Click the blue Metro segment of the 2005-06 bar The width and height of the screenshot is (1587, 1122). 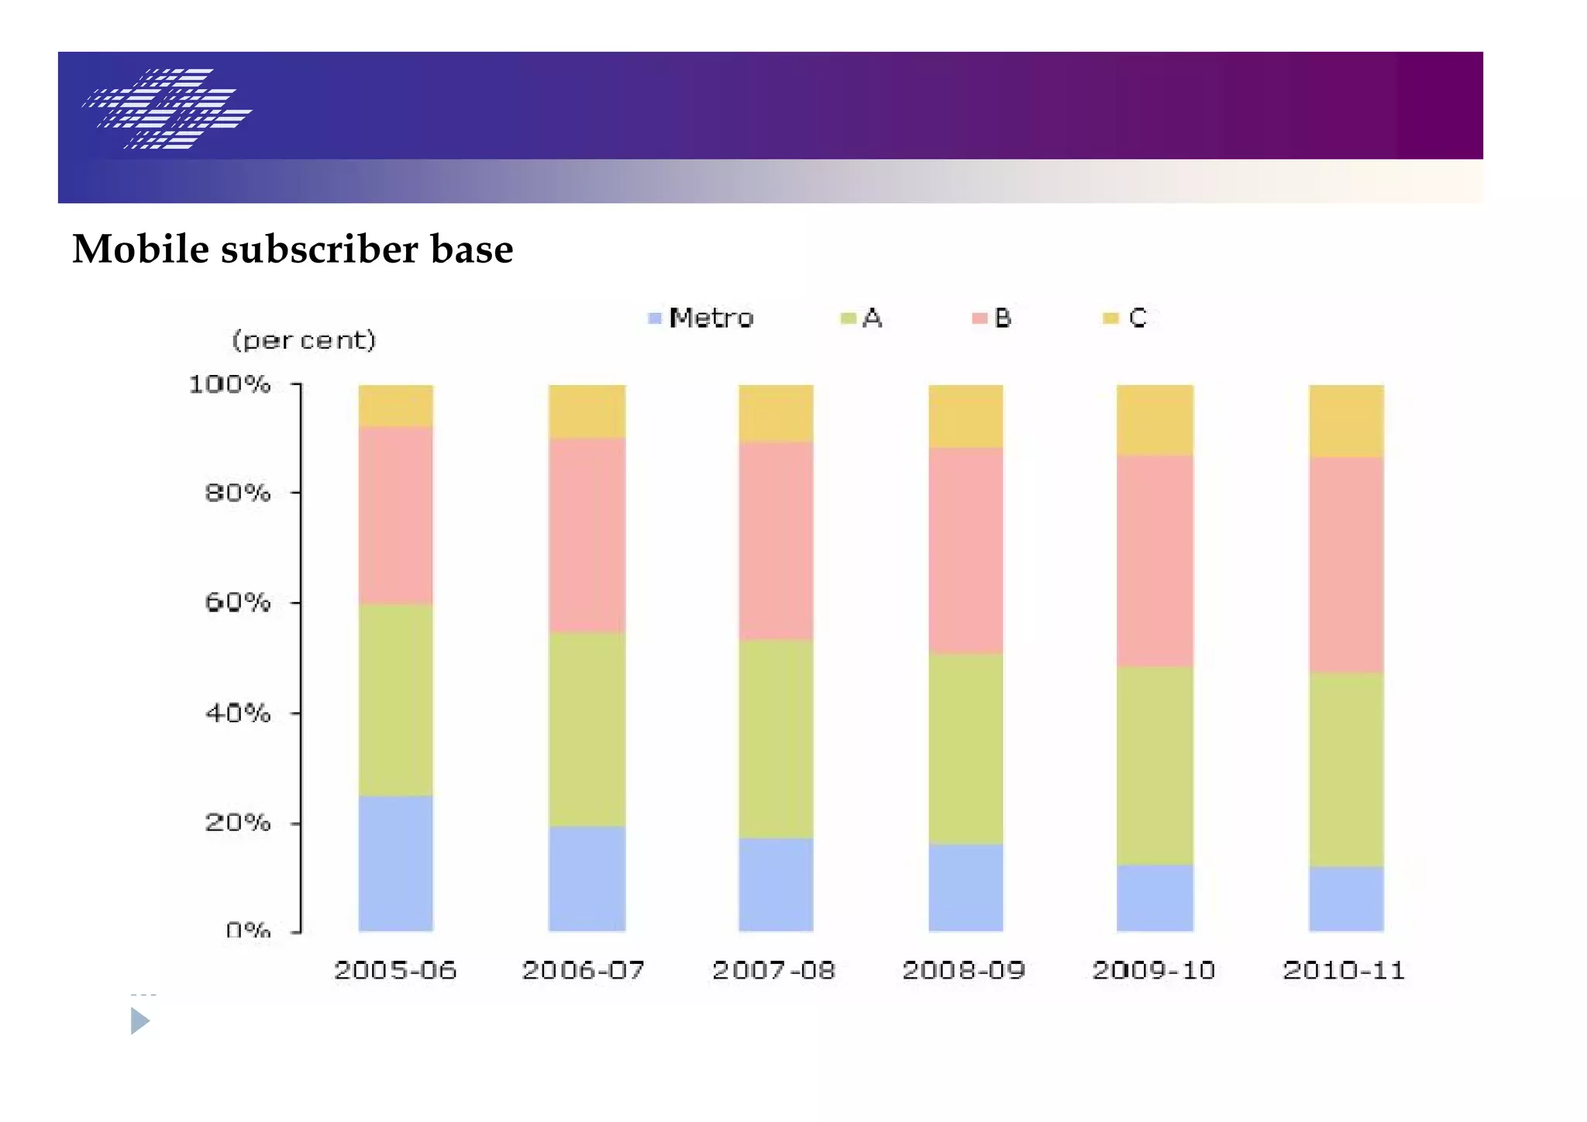coord(395,862)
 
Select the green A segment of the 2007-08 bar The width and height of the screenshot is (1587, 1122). coord(776,738)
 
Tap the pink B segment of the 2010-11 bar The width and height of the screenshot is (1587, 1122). coord(1346,564)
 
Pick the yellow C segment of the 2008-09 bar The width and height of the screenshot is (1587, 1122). coord(966,416)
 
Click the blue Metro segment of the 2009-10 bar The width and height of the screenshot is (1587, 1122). coord(1155,897)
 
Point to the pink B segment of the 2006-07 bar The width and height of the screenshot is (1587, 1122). coord(587,535)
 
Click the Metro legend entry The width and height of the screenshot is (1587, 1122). coord(701,318)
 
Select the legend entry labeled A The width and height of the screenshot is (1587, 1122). coord(862,318)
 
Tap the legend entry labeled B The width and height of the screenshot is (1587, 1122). coord(992,318)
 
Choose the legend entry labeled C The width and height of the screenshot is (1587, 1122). coord(1125,318)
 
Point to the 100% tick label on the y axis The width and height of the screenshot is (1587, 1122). coord(229,384)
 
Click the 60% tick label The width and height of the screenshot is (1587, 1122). coord(237,602)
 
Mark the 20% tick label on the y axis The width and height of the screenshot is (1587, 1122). coord(237,822)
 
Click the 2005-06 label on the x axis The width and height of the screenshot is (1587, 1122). coord(395,970)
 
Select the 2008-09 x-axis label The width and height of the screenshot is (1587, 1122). coord(964,970)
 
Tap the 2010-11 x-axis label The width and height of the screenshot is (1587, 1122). coord(1344,970)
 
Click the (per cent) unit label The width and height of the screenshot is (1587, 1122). coord(304,339)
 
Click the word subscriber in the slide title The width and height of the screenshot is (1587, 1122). coord(319,250)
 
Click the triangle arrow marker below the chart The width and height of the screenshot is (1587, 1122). coord(139,1020)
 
